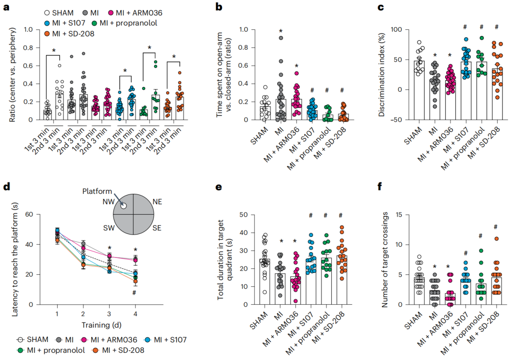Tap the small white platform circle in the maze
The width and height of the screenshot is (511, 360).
[x=123, y=206]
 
